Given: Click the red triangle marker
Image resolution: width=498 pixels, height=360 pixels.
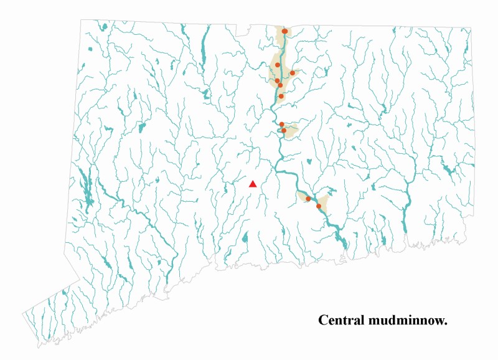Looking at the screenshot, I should pyautogui.click(x=253, y=184).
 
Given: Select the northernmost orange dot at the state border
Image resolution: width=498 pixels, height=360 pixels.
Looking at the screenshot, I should pyautogui.click(x=284, y=31).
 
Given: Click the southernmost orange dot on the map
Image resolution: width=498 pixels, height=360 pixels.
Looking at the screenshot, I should pyautogui.click(x=319, y=206).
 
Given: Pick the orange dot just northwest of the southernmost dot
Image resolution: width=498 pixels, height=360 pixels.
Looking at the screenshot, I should pyautogui.click(x=308, y=199).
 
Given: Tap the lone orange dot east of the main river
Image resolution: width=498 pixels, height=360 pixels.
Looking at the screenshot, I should pyautogui.click(x=293, y=73).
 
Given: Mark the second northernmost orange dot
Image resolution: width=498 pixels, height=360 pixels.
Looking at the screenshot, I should pyautogui.click(x=278, y=65).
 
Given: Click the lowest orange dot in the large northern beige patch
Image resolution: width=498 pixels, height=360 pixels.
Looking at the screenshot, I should pyautogui.click(x=281, y=96).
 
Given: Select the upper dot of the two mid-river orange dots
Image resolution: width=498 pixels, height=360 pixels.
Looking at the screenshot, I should pyautogui.click(x=281, y=125).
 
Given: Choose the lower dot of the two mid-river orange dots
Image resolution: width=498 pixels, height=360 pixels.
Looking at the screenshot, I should pyautogui.click(x=284, y=131).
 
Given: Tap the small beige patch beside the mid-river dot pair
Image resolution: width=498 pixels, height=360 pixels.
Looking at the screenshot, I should pyautogui.click(x=291, y=130).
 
